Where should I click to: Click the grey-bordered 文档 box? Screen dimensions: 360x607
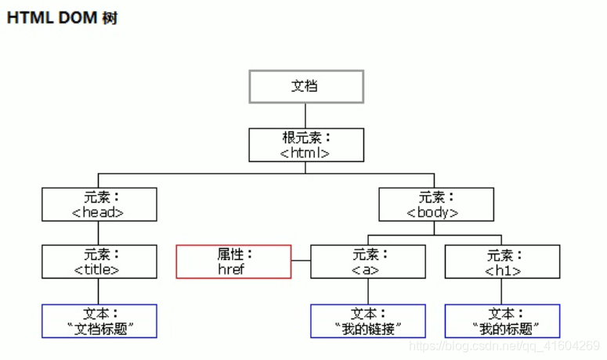point(306,86)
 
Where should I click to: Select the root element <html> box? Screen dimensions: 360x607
point(306,145)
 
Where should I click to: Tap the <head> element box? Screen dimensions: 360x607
point(99,203)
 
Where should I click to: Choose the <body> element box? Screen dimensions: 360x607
point(436,203)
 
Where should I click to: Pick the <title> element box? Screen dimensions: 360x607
point(99,261)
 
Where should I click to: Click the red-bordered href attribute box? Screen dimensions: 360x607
point(233,261)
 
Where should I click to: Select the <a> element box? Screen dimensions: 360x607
point(368,261)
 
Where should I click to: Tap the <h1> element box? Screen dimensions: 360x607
point(502,261)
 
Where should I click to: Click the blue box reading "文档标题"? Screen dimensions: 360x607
point(99,321)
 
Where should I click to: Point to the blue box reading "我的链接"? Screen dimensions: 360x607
point(368,321)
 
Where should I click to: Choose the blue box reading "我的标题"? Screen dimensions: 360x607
point(502,321)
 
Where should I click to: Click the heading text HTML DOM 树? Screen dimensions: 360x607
point(62,18)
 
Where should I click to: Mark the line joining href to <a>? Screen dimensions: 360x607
point(301,262)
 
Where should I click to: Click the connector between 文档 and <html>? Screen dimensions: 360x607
point(306,115)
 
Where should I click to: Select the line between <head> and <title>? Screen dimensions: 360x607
point(99,232)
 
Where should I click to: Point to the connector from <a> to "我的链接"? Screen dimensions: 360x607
point(368,291)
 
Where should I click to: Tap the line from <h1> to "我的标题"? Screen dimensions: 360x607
point(502,291)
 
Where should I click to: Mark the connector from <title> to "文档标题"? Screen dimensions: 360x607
point(99,291)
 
